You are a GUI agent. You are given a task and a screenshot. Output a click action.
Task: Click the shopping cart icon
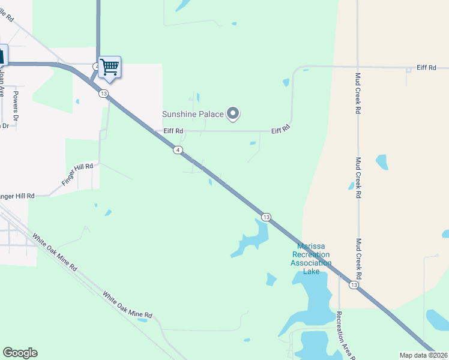coord(109,67)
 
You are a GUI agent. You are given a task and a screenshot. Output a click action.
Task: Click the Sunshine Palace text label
coord(193,114)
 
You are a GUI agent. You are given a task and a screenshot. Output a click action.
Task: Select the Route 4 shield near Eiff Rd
coord(178,149)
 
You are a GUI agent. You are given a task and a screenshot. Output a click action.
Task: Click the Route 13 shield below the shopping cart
coord(103,94)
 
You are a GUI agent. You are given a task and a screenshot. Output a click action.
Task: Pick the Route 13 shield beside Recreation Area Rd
coord(354,286)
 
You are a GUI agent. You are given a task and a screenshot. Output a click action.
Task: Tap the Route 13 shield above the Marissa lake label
coord(267,217)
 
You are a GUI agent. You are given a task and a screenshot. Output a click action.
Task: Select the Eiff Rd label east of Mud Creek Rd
coord(426,68)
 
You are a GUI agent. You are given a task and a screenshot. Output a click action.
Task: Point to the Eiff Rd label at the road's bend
coord(280,129)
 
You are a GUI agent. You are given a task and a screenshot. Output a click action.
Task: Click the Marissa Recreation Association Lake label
coord(311,259)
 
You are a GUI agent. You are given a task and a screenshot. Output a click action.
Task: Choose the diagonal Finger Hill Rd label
coord(79,174)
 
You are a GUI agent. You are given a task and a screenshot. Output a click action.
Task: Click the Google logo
coord(20,353)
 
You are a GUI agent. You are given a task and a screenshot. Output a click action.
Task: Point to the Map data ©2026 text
coord(424,355)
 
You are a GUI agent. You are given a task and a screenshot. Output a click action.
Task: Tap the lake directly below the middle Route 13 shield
coord(251,239)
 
